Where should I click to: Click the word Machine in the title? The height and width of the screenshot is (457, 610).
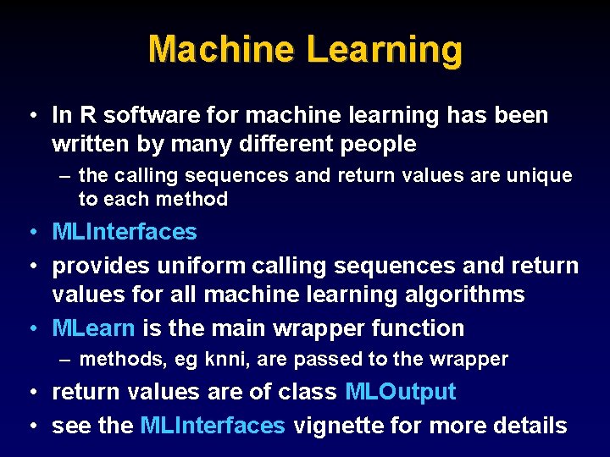(222, 49)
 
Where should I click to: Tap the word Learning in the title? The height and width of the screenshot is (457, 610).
(385, 49)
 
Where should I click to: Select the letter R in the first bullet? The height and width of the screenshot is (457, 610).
(87, 114)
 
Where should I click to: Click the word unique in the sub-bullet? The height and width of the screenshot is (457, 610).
(539, 176)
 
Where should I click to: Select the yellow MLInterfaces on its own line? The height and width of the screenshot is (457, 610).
(125, 231)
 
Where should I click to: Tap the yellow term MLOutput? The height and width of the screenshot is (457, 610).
(401, 392)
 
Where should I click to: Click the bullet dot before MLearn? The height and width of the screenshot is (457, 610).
(31, 328)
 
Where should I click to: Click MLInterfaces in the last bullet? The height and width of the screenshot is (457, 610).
(213, 425)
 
